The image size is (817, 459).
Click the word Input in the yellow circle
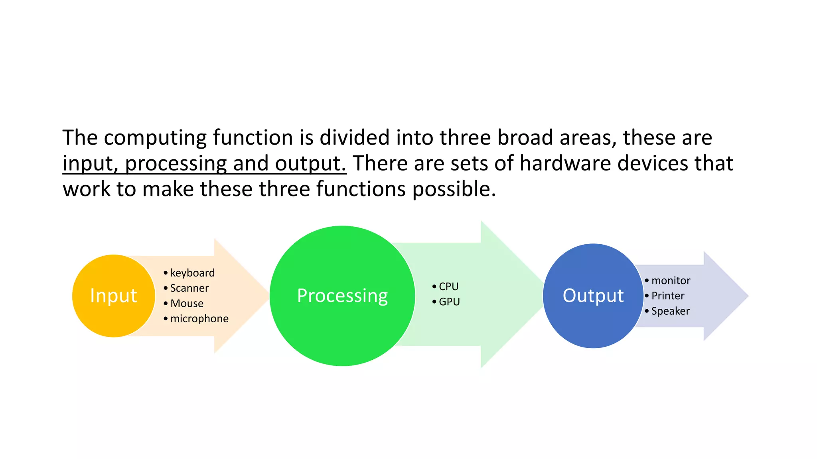(114, 296)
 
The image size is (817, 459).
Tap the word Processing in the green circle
(342, 296)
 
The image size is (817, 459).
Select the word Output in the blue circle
(593, 296)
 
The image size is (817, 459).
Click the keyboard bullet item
(192, 273)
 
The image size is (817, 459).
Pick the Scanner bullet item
(189, 288)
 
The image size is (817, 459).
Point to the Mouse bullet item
(187, 304)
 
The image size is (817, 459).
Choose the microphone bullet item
(199, 319)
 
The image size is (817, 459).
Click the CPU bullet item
(448, 286)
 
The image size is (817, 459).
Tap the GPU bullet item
(449, 302)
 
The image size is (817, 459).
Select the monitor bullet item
(671, 280)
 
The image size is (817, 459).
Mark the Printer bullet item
(668, 296)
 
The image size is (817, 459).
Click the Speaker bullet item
(670, 311)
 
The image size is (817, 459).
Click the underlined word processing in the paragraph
(176, 164)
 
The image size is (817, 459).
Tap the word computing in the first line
(155, 138)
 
